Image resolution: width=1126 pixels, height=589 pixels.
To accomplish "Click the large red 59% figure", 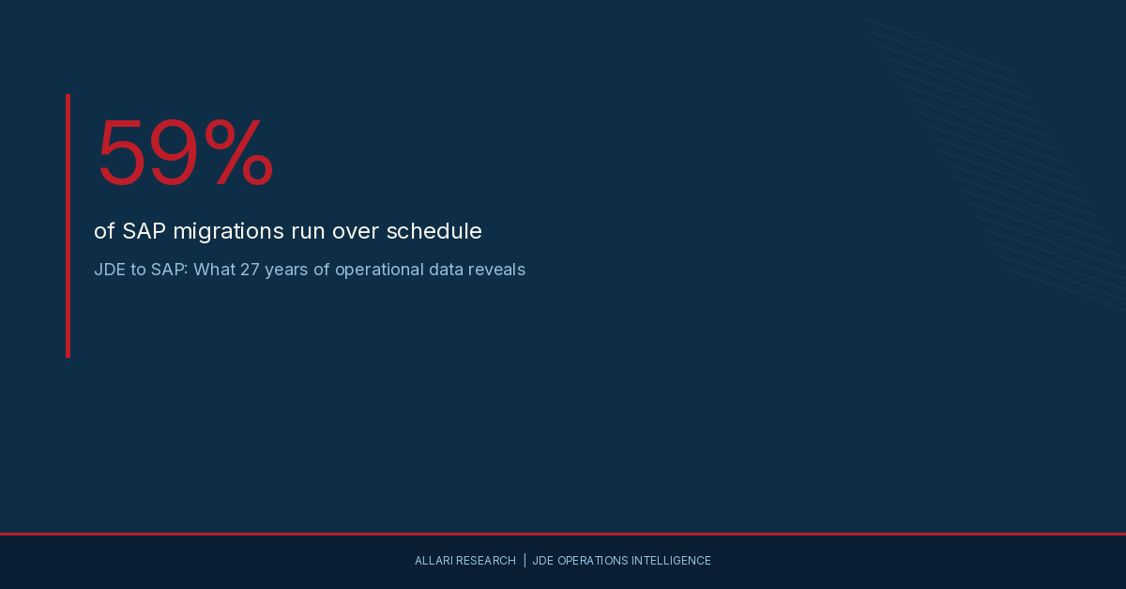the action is click(x=186, y=152).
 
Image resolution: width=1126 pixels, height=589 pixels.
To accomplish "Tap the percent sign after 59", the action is click(x=238, y=152).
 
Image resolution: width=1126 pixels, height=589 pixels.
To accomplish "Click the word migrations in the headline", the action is click(x=229, y=232).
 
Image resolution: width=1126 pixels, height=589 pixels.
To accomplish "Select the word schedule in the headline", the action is click(x=434, y=231).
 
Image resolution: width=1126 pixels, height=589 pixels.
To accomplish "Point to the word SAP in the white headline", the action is click(x=144, y=231).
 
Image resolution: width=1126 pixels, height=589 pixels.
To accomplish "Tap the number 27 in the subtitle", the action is click(x=250, y=270).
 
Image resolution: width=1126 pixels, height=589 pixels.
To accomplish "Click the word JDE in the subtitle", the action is click(x=110, y=270).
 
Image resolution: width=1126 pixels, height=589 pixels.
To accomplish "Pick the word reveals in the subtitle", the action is click(x=496, y=270).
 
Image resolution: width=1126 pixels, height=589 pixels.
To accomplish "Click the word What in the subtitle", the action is click(x=215, y=270).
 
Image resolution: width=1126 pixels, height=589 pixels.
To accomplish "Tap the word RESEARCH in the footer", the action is click(x=486, y=561).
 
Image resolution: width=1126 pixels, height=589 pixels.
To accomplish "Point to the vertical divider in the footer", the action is click(x=525, y=560).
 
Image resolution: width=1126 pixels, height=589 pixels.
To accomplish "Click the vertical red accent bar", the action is click(x=68, y=226).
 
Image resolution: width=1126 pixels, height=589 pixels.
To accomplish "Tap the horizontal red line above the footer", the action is click(x=563, y=535).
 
